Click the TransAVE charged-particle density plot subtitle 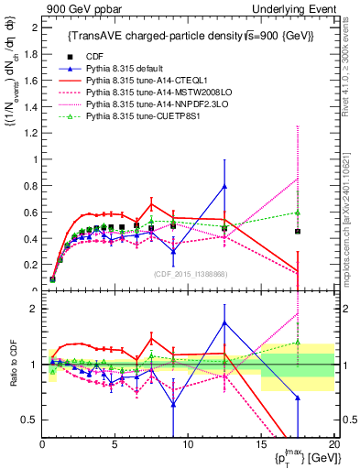point(191,36)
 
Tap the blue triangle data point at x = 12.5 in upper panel point(224,187)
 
